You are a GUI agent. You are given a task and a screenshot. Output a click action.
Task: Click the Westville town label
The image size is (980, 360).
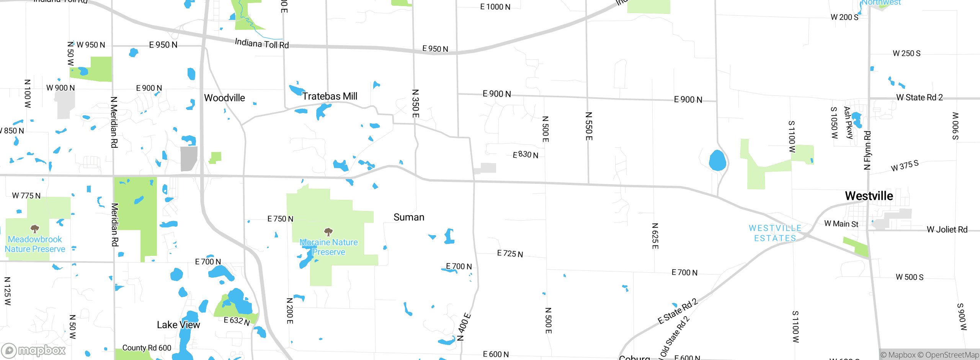[x=869, y=196]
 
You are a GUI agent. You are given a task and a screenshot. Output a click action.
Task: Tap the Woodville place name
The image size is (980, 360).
[x=224, y=98]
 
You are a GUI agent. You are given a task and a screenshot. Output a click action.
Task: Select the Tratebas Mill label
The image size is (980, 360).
[x=330, y=96]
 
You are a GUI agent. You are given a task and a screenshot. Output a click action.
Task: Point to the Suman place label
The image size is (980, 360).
[x=409, y=218]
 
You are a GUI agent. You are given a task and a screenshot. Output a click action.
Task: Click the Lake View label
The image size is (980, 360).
[x=178, y=325]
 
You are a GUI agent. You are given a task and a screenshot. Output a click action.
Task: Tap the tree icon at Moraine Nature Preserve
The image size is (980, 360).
[x=328, y=232]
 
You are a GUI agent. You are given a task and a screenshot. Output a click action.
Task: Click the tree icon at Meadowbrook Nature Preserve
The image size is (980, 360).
[x=35, y=229]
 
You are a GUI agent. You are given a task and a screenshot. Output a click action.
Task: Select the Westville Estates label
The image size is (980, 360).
[x=775, y=233]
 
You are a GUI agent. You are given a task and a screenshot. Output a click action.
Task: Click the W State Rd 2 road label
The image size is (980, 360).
[x=920, y=98]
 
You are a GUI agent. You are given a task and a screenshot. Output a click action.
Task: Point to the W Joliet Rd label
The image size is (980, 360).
[x=947, y=229]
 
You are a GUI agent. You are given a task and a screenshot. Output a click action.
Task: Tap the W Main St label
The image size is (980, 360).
[x=841, y=224]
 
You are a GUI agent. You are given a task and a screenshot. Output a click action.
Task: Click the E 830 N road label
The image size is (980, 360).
[x=525, y=155]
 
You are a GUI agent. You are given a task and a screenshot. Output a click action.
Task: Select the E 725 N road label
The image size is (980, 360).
[x=510, y=254]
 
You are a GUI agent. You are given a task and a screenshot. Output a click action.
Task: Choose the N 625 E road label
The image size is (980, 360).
[x=655, y=236]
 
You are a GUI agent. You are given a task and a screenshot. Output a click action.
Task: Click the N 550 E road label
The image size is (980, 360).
[x=589, y=126]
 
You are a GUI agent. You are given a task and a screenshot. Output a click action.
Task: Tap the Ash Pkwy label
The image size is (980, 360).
[x=849, y=123]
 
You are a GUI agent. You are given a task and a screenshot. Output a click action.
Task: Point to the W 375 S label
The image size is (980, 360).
[x=905, y=166]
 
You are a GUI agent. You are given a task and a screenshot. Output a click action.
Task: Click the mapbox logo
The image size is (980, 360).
[x=33, y=350]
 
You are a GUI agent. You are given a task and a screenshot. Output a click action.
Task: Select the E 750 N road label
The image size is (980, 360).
[x=280, y=219]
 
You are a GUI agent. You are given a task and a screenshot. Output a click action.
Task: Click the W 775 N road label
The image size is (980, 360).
[x=26, y=196]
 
